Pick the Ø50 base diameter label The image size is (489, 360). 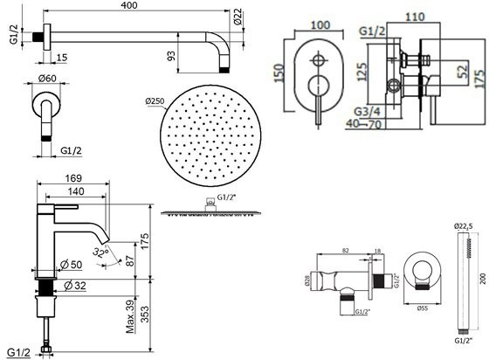coord(72,265)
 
